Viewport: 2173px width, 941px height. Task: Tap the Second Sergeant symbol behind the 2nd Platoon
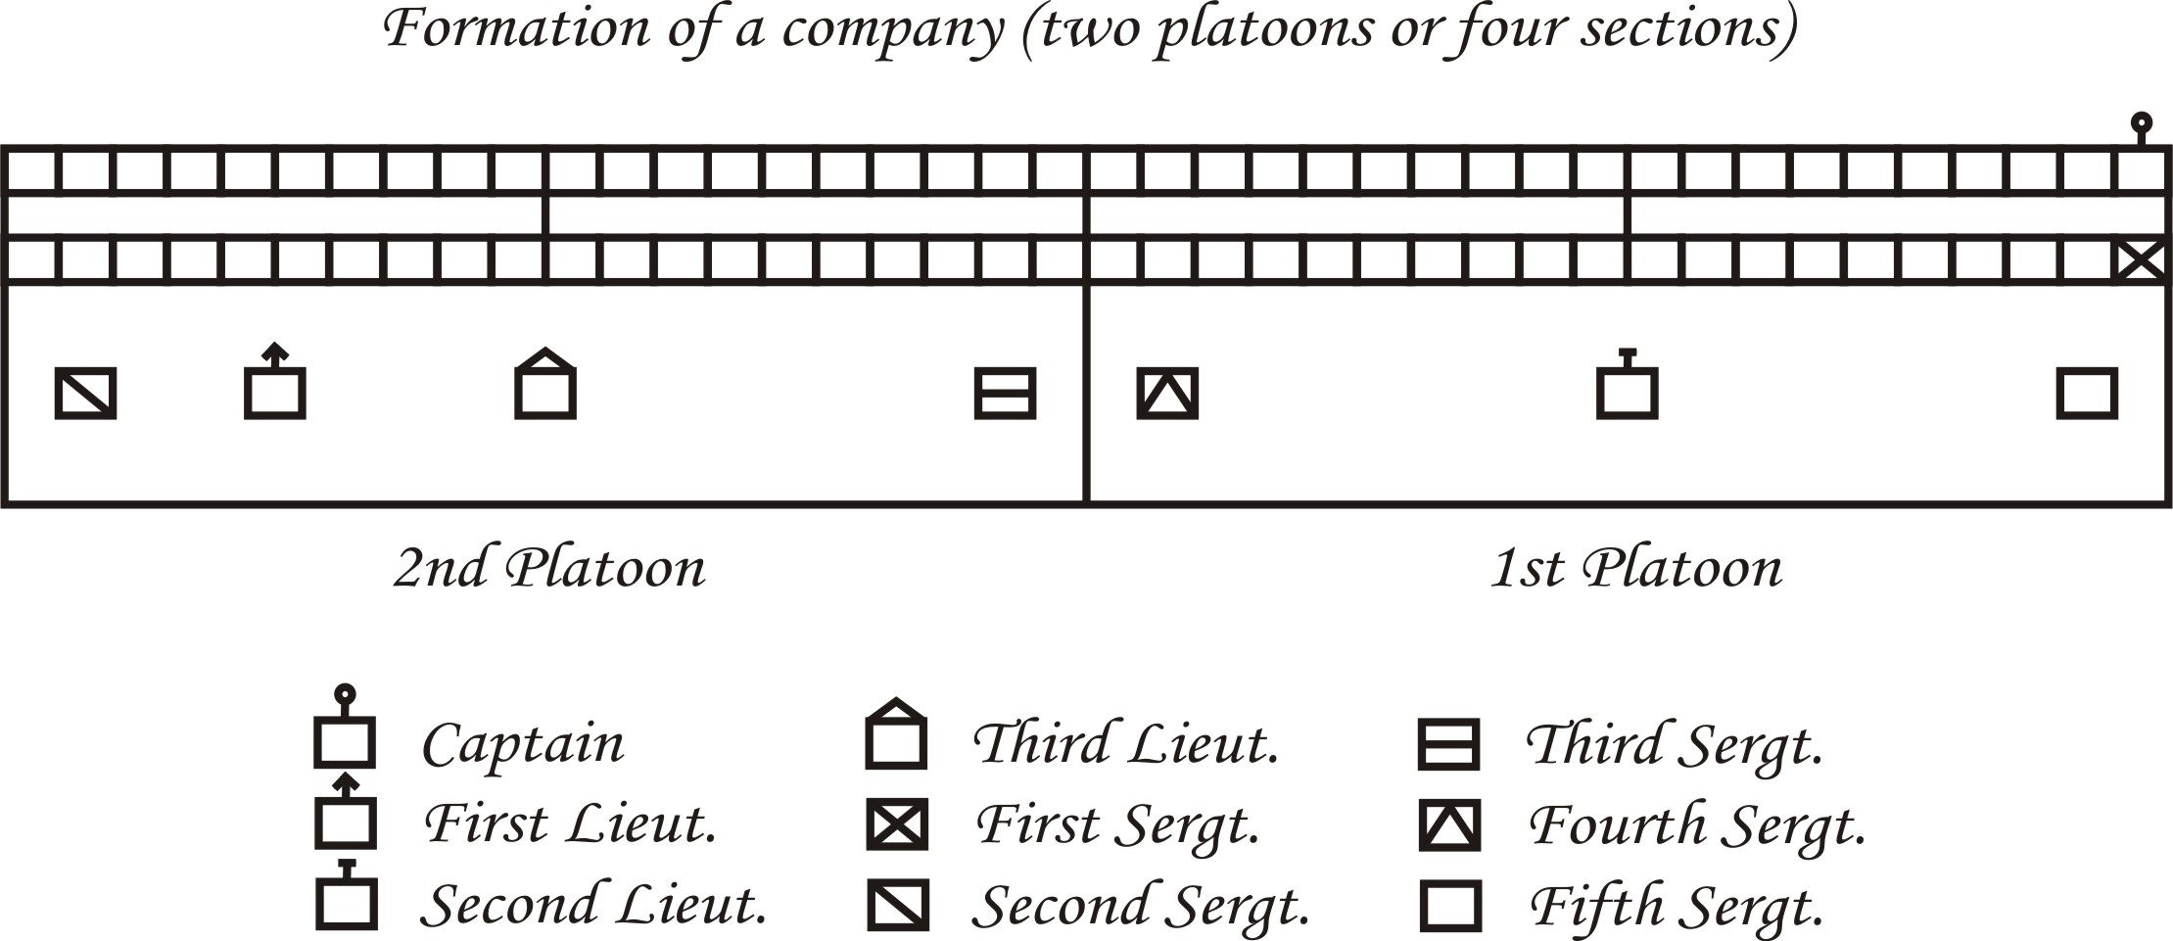tap(85, 393)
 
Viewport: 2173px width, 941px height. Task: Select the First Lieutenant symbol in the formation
tap(274, 387)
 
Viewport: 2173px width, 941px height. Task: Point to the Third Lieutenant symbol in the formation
tap(545, 386)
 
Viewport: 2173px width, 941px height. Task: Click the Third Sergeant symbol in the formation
tap(1005, 393)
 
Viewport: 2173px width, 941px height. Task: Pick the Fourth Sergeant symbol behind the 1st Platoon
tap(1167, 393)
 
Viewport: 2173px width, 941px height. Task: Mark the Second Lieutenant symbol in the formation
tap(1627, 388)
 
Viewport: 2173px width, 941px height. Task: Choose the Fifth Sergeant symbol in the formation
tap(2087, 393)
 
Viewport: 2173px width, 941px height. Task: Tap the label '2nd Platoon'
tap(549, 568)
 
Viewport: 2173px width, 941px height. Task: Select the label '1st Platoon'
tap(1635, 568)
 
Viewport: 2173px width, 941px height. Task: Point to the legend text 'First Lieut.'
tap(571, 823)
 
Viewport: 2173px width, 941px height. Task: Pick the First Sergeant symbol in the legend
tap(897, 823)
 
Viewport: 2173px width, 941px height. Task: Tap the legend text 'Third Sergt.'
tap(1675, 745)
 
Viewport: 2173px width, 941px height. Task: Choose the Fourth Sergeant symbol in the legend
tap(1449, 824)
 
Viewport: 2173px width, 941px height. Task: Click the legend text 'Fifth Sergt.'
tap(1677, 906)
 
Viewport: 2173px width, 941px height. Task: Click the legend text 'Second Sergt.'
tap(1141, 906)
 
